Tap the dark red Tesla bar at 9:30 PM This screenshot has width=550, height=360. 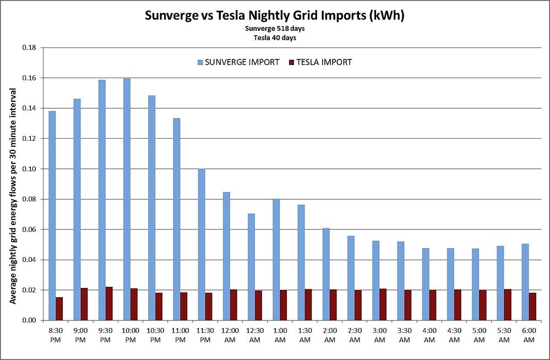tap(109, 303)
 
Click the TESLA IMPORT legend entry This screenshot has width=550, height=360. tap(320, 62)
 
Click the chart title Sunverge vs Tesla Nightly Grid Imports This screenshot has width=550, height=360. tap(275, 15)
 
